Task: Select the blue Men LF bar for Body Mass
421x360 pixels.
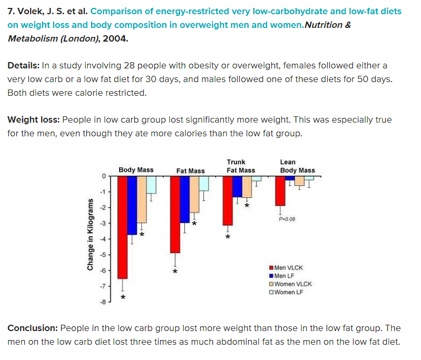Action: coord(132,205)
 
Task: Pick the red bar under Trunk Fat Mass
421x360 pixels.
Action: coord(228,201)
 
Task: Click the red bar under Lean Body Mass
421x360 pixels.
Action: coord(280,191)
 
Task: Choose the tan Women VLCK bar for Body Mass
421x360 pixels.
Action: coord(141,199)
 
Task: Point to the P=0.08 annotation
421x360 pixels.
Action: coord(287,219)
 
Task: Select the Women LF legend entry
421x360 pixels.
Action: coord(287,292)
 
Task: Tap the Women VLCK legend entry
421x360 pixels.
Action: coord(290,284)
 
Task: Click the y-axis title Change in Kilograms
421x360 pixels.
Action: coord(91,235)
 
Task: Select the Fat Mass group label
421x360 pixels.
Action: coord(190,171)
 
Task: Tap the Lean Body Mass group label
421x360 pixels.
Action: coord(297,166)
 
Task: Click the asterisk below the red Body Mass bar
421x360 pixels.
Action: coord(123,297)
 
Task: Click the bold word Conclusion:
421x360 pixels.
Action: coord(33,328)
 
